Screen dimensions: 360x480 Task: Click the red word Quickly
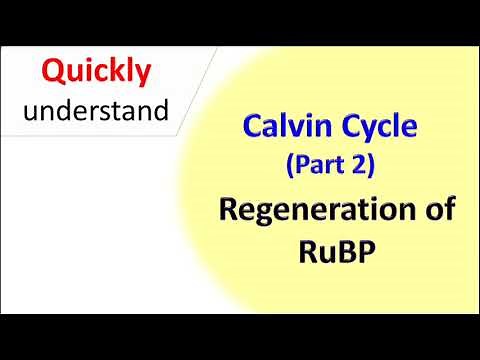click(96, 71)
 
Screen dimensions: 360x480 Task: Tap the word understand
click(96, 110)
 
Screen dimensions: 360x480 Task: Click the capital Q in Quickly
click(53, 71)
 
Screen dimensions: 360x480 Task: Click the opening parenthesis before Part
click(291, 166)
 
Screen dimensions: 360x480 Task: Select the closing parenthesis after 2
click(370, 166)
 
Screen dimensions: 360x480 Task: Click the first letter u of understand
click(31, 111)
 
